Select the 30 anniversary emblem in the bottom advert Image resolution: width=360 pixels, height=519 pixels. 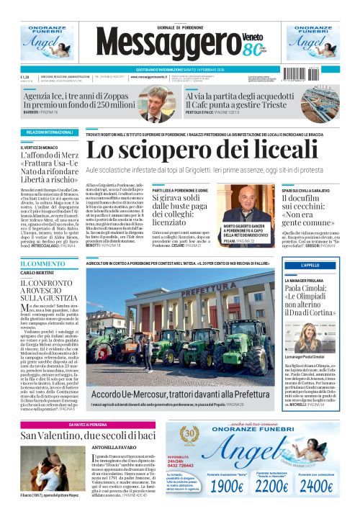[x=190, y=435]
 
